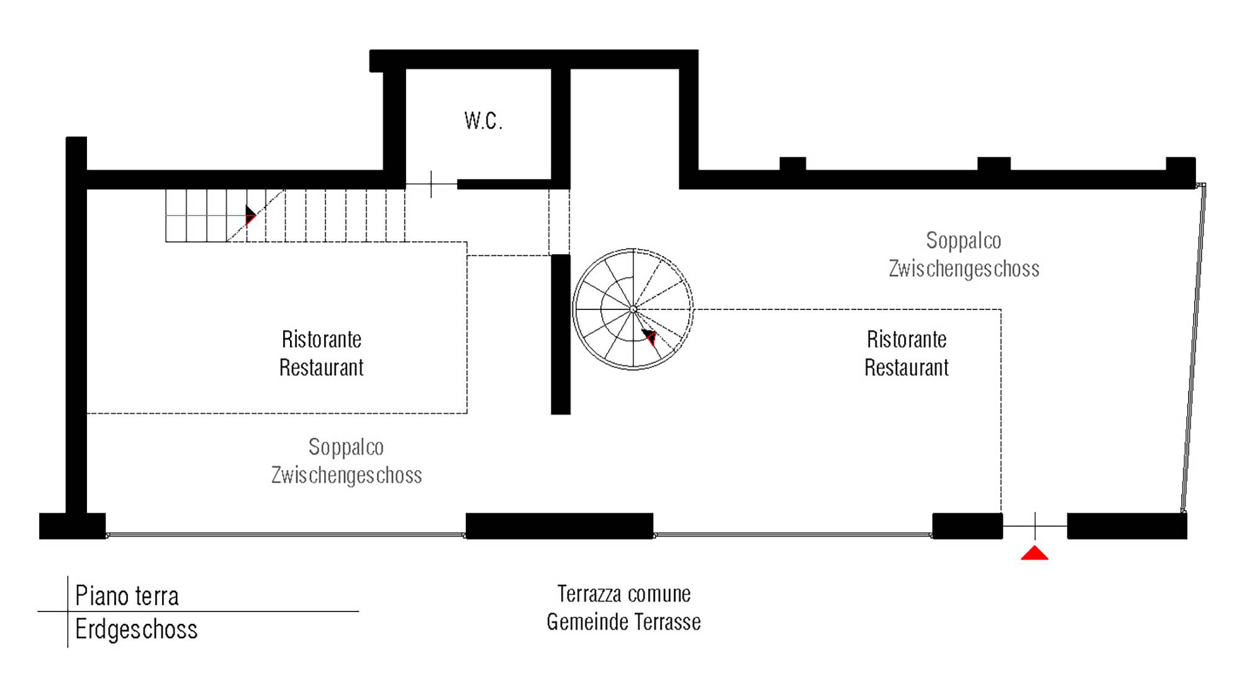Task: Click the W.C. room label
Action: (x=483, y=121)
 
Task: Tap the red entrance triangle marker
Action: (x=1035, y=553)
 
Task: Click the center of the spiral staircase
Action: (x=633, y=309)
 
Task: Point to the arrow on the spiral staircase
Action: (x=650, y=337)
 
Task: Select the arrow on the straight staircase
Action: (x=250, y=215)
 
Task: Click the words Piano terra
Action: (x=127, y=595)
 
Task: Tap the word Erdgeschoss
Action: (x=136, y=629)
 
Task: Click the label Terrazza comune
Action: (x=624, y=594)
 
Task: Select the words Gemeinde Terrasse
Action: (x=623, y=622)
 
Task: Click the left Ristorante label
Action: (x=322, y=339)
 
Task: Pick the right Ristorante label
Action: (x=907, y=339)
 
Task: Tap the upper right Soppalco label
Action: (x=964, y=240)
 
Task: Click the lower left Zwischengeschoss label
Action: (x=347, y=475)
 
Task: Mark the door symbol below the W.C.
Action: (x=432, y=185)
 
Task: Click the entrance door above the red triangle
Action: (x=1035, y=526)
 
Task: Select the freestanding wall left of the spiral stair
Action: (x=561, y=334)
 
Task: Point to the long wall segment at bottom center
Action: (x=560, y=526)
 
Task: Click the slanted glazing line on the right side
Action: (x=1194, y=348)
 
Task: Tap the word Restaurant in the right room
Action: (x=907, y=368)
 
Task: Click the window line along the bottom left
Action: (x=286, y=534)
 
